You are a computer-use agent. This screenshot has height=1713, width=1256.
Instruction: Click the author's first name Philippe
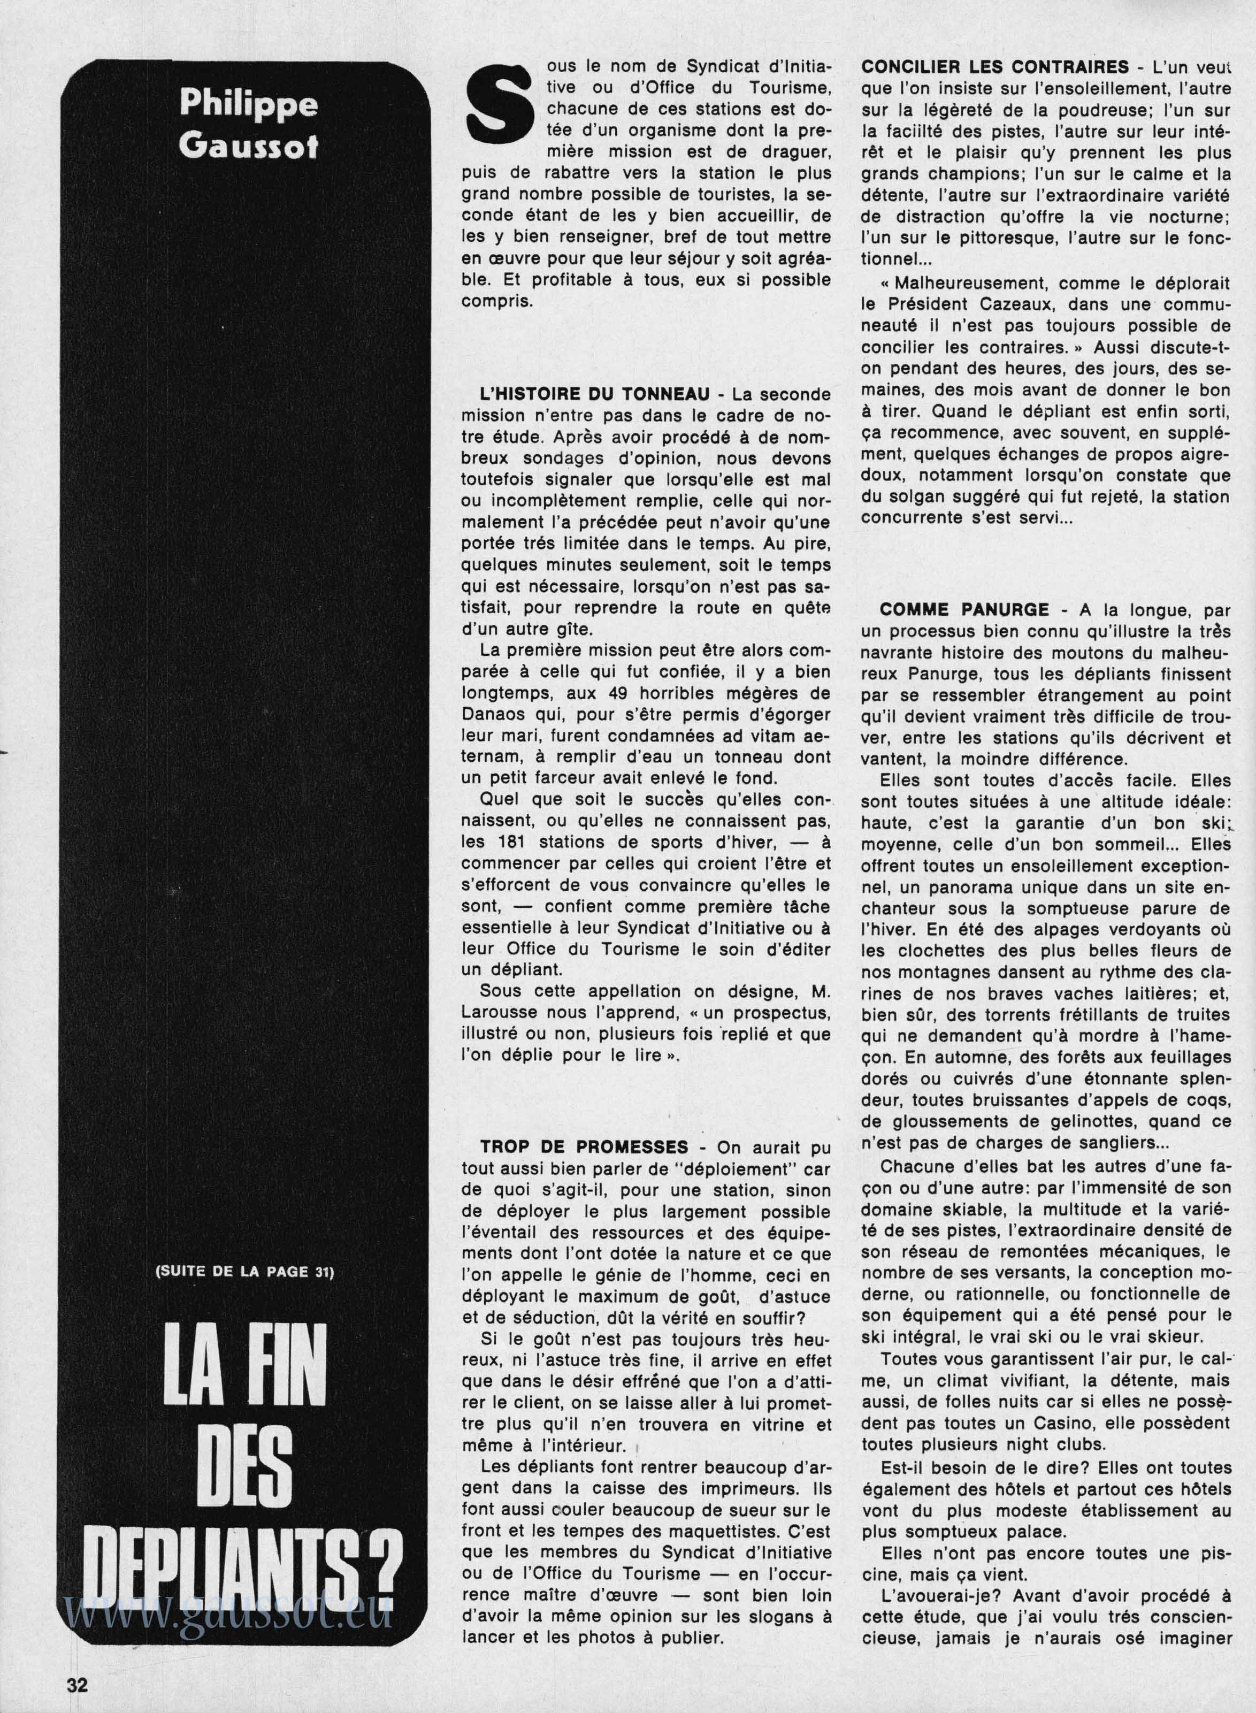[x=249, y=104]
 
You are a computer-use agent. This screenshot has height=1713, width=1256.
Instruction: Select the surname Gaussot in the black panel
[x=249, y=144]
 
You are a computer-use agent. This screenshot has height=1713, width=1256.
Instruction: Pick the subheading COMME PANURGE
[x=964, y=610]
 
